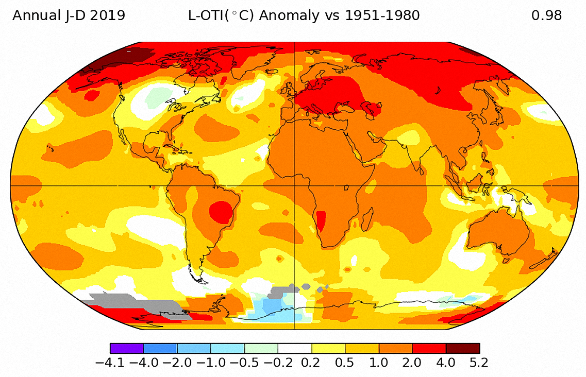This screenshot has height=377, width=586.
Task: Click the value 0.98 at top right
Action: point(546,15)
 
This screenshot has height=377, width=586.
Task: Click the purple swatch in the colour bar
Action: point(127,348)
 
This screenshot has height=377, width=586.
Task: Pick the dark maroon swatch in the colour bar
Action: point(463,348)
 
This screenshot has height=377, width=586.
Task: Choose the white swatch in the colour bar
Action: point(295,348)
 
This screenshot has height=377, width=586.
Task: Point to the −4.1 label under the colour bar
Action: point(110,363)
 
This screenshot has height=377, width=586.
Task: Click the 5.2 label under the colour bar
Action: point(479,363)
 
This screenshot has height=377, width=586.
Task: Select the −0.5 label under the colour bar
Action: point(244,363)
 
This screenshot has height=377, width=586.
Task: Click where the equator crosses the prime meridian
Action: point(294,185)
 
